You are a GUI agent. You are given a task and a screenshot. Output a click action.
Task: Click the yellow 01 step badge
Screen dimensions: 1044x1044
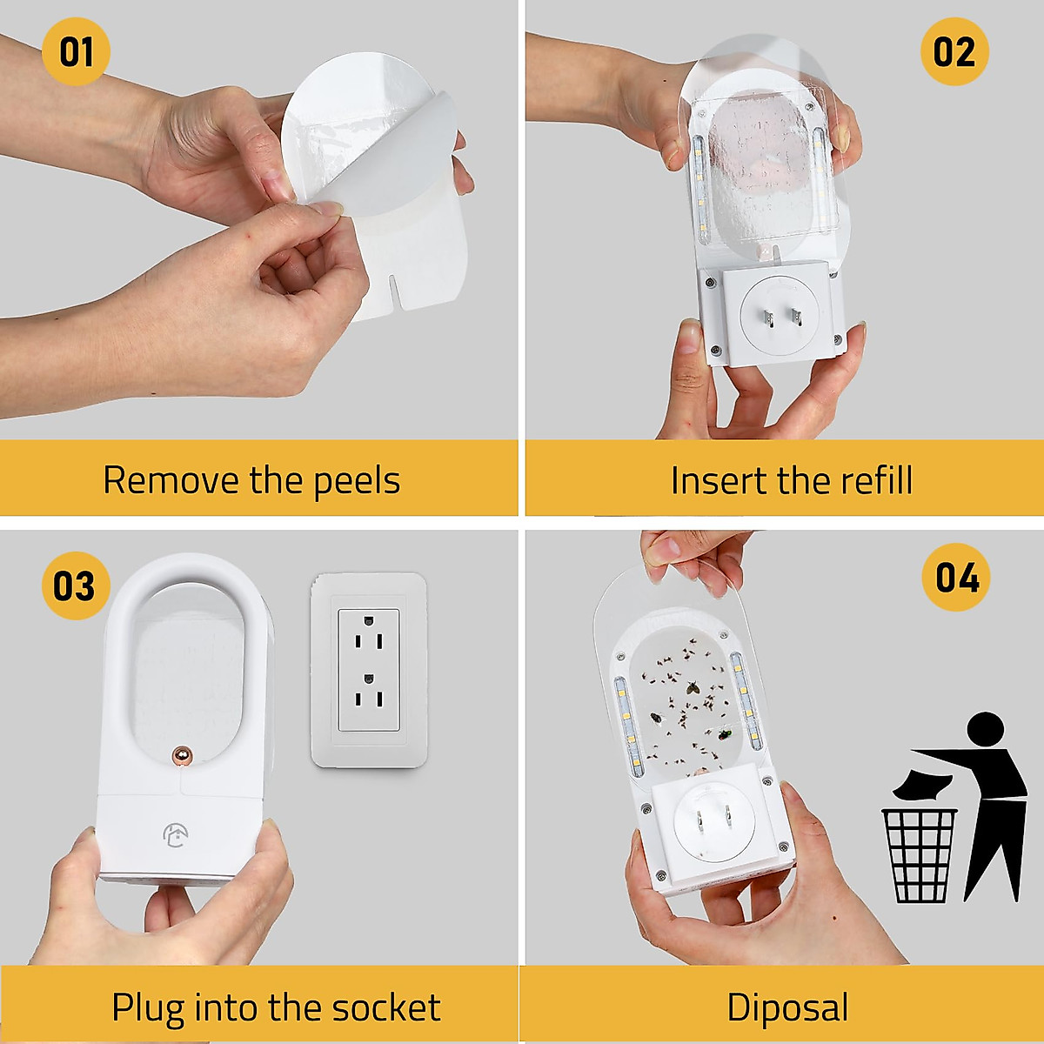76,51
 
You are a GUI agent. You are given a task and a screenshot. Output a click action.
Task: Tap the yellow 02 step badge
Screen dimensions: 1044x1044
954,51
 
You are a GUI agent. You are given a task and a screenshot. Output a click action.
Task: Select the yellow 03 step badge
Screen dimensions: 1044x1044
76,586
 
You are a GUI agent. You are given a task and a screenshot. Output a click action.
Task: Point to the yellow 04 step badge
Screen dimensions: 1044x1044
956,578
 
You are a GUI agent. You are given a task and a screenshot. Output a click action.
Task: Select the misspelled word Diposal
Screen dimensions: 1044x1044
787,1007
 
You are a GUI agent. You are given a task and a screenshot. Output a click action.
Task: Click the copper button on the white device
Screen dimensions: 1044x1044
183,756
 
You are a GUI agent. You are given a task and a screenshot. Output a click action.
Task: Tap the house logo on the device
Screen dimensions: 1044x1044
175,835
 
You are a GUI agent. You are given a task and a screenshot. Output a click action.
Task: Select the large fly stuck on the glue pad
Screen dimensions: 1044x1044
693,686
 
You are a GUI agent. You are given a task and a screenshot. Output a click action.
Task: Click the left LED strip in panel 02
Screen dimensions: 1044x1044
700,187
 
